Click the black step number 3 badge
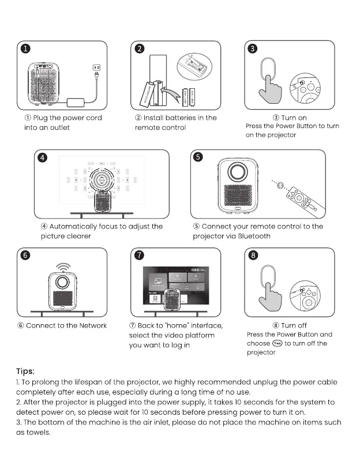click(x=252, y=49)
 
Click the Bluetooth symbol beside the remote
click(x=282, y=185)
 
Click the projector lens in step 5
click(x=237, y=172)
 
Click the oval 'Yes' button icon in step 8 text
click(x=279, y=343)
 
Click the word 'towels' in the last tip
click(x=38, y=433)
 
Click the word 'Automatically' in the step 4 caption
click(x=76, y=227)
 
